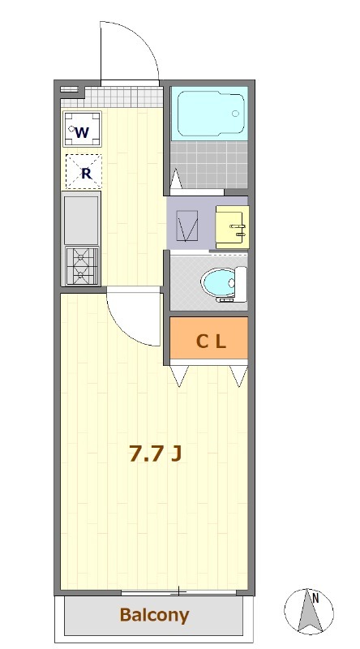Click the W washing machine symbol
(82, 129)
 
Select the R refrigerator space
(84, 172)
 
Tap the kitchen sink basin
(81, 220)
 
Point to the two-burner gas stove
(83, 266)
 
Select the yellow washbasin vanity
(232, 227)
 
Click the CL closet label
(211, 342)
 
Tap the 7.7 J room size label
(155, 453)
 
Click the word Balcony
(154, 616)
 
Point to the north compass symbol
(309, 611)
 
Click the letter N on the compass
(315, 598)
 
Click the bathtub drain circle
(235, 114)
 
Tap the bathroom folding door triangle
(176, 178)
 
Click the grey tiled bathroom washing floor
(209, 165)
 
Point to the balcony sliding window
(178, 592)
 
